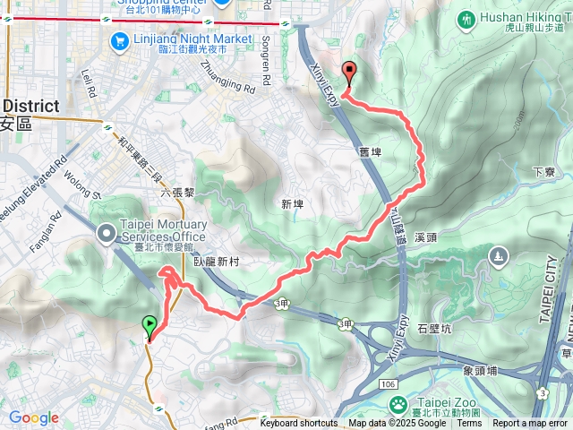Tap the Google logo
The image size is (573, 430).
pyautogui.click(x=33, y=418)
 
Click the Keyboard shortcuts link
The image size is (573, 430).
pyautogui.click(x=299, y=423)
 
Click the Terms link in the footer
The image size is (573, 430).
pyautogui.click(x=469, y=423)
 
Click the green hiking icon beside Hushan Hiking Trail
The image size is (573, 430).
pyautogui.click(x=466, y=18)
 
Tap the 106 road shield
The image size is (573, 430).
pyautogui.click(x=387, y=383)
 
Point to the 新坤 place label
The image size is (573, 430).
pyautogui.click(x=292, y=204)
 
